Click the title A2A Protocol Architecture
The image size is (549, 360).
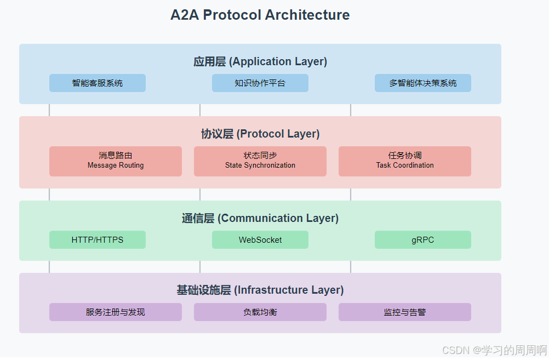coord(260,15)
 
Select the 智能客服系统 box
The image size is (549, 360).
coord(98,83)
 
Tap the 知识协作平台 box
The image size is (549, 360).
coord(260,83)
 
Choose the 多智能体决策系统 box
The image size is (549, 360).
coord(422,83)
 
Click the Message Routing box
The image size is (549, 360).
coord(116,161)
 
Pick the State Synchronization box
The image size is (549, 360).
coord(260,161)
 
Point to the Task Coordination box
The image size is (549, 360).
coord(404,161)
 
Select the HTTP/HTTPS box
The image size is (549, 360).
coord(98,240)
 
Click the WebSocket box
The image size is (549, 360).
coord(260,240)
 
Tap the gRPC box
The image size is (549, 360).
coord(422,240)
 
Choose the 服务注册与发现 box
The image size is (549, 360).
coord(116,312)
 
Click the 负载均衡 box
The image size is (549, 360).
coord(260,312)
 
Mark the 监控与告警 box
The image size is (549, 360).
coord(404,312)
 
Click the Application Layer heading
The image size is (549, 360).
coord(260,61)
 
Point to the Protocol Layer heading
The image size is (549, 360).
coord(260,134)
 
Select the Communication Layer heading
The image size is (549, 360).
coord(260,218)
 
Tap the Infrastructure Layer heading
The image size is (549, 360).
coord(260,290)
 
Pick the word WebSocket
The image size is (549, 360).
coord(260,240)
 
